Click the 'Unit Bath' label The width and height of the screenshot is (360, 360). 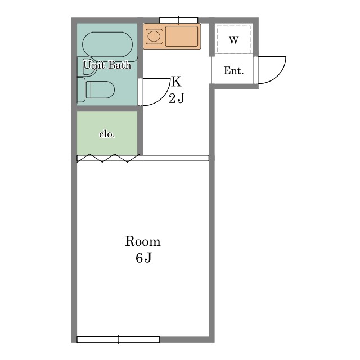107,65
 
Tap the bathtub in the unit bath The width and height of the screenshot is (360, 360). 107,44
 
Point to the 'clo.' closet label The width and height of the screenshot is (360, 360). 107,134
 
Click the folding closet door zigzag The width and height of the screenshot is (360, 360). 109,157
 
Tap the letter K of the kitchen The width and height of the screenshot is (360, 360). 176,82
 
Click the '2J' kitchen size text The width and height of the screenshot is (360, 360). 177,98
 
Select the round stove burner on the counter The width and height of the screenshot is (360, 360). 154,36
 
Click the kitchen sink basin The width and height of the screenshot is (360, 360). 182,36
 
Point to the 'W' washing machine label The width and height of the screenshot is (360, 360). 234,40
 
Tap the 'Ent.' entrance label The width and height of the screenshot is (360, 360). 234,70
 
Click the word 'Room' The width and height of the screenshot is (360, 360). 143,241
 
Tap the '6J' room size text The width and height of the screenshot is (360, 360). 143,258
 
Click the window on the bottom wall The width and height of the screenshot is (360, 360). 118,340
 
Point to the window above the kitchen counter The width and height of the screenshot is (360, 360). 179,20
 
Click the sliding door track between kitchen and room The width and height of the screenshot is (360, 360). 176,158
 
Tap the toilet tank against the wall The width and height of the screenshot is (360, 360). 80,90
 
